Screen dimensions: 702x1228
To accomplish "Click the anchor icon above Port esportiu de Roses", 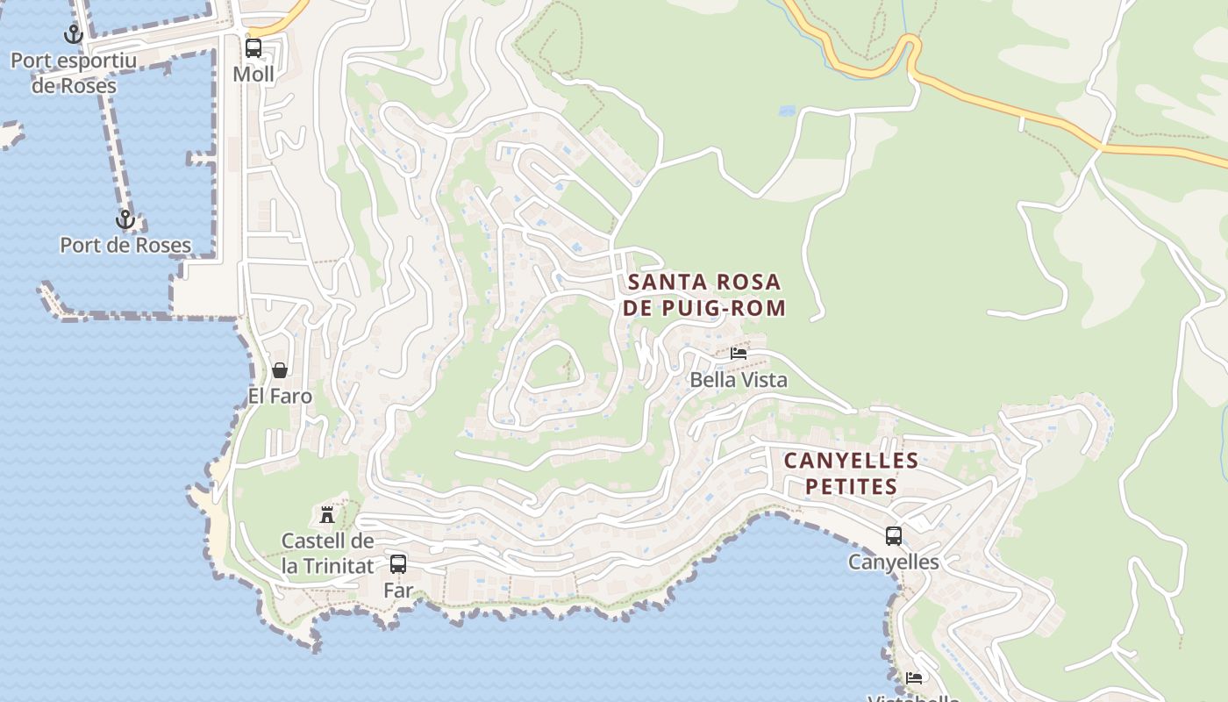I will point(74,34).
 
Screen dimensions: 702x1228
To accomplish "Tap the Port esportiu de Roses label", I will point(74,74).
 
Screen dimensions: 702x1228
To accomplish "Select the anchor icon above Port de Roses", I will point(125,219).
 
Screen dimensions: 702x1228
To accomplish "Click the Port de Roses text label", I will point(125,245).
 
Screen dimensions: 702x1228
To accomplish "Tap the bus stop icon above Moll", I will point(253,48).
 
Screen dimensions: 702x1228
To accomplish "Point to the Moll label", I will point(253,75).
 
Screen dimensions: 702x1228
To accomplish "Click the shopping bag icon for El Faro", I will point(280,370).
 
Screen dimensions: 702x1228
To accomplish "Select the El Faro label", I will point(280,396).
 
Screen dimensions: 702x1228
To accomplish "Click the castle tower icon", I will point(327,514).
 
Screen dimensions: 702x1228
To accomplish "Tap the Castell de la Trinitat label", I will point(327,554).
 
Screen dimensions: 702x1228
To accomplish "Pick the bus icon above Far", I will point(398,564).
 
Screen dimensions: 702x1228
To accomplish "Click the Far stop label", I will point(398,591).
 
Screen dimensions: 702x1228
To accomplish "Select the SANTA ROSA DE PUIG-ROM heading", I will point(704,295).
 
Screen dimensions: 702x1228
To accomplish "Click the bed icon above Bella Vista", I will point(739,354).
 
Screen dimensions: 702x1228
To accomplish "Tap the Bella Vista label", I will point(739,380).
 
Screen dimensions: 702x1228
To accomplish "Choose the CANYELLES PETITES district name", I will point(851,473).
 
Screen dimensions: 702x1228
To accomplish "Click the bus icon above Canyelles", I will point(894,535).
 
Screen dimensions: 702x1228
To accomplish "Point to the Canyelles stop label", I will point(894,562).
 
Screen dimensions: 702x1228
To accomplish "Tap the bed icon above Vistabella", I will point(914,677).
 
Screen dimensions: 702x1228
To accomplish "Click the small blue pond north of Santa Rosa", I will point(787,111).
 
